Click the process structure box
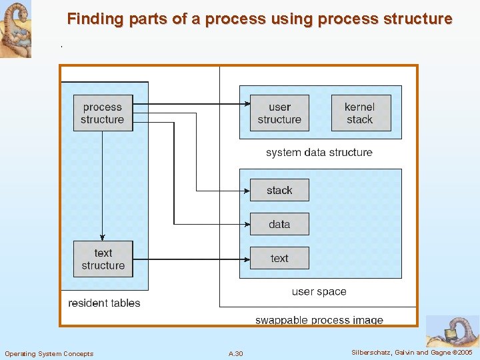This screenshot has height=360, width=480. point(103,113)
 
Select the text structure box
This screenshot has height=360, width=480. point(103,259)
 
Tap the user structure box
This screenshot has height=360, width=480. point(279,113)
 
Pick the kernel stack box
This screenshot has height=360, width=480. point(360,113)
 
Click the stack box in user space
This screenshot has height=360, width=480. point(279,191)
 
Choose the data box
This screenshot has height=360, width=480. point(279,225)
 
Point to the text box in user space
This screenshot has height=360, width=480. point(279,259)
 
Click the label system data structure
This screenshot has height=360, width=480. point(319,153)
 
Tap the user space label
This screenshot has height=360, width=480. point(319,292)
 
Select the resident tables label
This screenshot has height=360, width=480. point(104,303)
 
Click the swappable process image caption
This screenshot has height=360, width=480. point(319,321)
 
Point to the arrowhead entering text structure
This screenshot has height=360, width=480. point(102,237)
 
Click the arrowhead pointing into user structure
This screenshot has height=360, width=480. point(246,104)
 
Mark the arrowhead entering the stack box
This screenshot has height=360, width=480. point(246,191)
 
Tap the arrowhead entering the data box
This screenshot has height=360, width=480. point(246,225)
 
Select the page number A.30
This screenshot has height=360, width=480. point(235,353)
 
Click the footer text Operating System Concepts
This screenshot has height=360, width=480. point(49,353)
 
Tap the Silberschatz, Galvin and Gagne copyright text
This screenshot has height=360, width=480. point(411,353)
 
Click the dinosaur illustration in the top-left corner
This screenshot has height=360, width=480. point(15,29)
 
